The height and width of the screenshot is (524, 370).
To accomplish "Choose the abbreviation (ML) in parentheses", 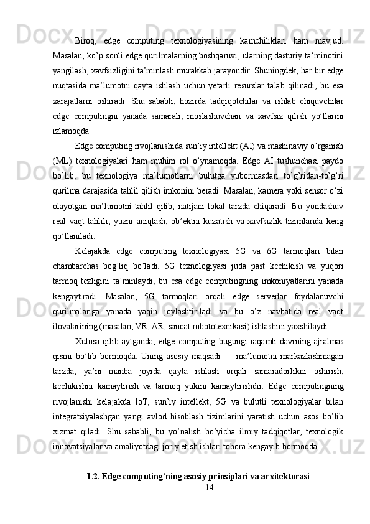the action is [x=63, y=161].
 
